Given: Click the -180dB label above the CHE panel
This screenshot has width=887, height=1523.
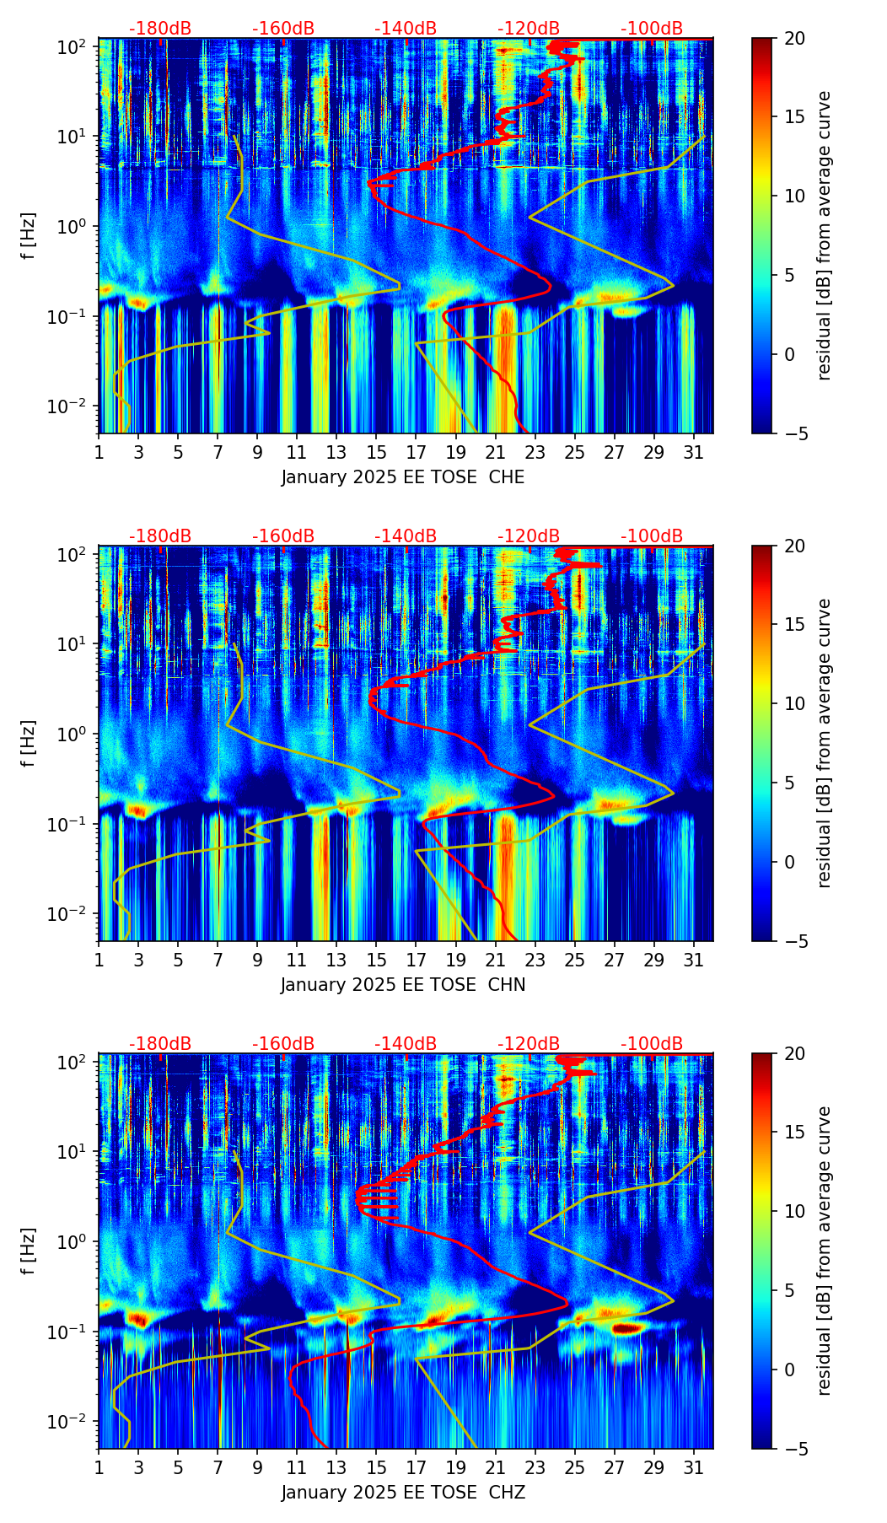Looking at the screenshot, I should point(160,29).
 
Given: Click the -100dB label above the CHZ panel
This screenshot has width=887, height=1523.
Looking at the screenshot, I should point(652,1044).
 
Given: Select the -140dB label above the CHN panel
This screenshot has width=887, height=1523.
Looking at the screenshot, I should point(406,536).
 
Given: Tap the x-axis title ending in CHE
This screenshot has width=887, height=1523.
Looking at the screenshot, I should point(403,477).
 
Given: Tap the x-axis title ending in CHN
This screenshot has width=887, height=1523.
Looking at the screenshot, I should point(403,985).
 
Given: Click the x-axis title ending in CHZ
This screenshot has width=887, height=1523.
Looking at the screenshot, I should point(403,1493).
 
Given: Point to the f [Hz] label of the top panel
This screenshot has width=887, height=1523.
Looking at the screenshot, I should point(30,236).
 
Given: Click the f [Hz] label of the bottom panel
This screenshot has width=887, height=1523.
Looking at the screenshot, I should point(30,1251).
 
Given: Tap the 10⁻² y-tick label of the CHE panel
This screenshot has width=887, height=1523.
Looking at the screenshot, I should point(72,406).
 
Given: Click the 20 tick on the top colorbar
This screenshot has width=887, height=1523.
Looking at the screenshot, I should point(794,38).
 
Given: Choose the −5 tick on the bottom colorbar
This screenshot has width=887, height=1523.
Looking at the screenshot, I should point(794,1449).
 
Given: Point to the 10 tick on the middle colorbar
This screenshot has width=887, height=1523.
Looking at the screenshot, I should point(794,703).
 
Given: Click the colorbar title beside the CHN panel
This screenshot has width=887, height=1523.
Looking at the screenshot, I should point(825,743).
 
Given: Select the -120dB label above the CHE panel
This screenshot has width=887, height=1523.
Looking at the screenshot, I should point(529,29).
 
